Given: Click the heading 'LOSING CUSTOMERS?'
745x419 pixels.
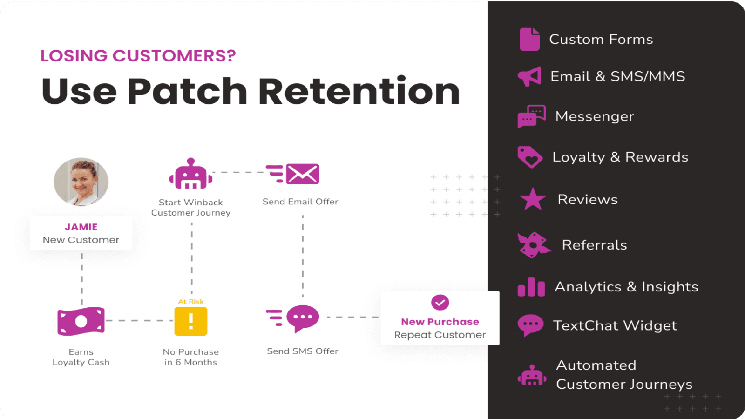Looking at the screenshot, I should tap(138, 56).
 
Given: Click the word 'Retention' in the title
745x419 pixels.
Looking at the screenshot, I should tap(359, 91).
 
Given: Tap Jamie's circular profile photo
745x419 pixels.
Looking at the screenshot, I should tap(81, 182).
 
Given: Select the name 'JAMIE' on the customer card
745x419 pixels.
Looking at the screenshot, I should tap(81, 227).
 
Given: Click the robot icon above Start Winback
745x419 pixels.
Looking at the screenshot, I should tap(191, 174).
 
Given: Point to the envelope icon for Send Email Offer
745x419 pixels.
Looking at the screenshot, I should tap(302, 174).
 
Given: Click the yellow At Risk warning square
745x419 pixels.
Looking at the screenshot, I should tap(191, 321).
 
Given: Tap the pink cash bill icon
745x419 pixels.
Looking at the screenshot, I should tap(81, 321).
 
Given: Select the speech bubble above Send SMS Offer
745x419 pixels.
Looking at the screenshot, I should tap(303, 318).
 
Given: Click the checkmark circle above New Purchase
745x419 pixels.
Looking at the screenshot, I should tap(440, 303).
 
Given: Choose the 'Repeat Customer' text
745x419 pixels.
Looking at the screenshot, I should tap(440, 335).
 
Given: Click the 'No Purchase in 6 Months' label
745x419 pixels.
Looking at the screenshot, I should tap(191, 357).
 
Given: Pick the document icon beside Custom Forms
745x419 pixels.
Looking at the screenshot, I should tap(529, 39).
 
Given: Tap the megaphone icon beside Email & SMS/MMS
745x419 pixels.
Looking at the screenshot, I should tap(530, 76).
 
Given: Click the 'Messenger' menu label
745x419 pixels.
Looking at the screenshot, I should tap(595, 116).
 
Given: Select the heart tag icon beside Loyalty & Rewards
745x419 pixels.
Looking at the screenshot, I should tap(530, 157).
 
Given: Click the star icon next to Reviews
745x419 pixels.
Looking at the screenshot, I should tap(533, 199).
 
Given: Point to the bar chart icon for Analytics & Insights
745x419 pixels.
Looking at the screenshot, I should tap(531, 287).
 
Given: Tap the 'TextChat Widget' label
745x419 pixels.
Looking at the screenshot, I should tap(615, 325).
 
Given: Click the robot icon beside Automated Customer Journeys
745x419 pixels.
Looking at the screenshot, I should tap(532, 375).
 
